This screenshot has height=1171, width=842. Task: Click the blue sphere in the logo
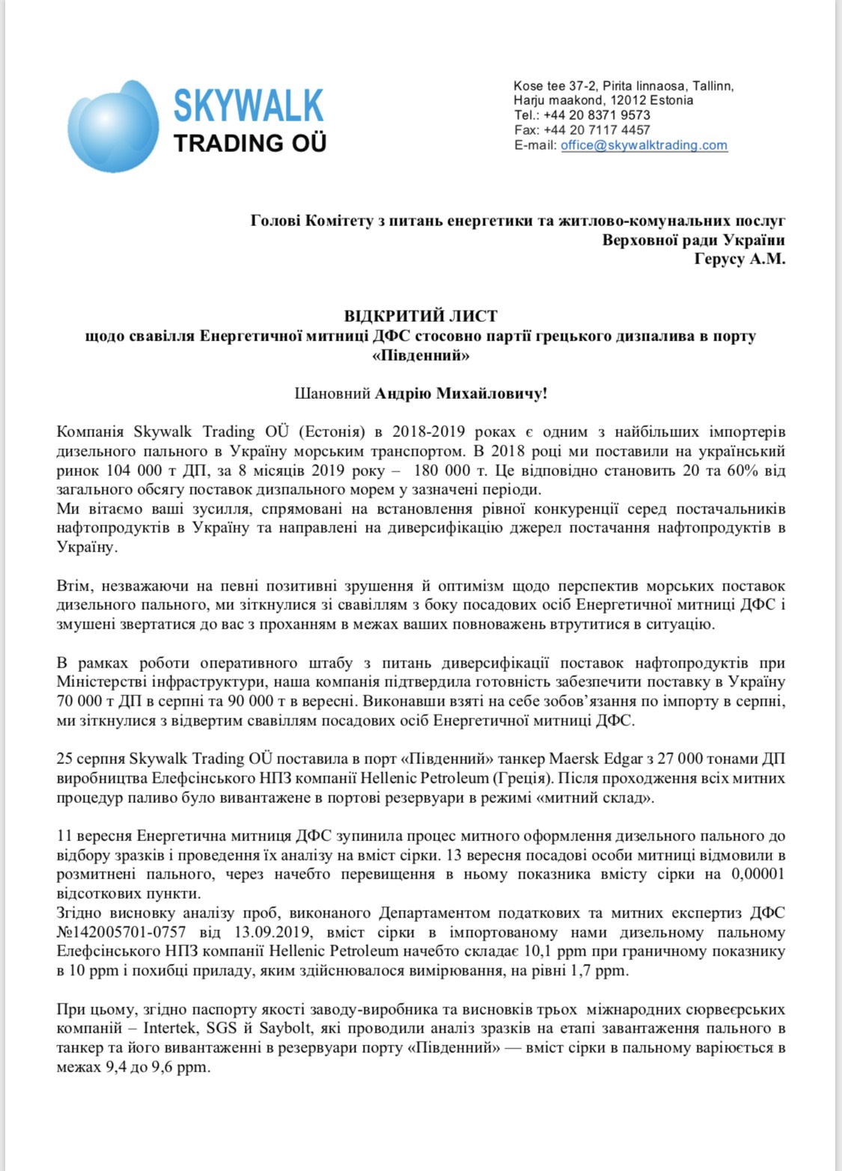click(x=113, y=126)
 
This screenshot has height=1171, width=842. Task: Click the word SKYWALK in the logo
click(x=248, y=106)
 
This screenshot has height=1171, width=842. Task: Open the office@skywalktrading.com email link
click(x=644, y=145)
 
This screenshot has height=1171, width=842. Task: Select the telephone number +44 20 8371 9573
click(x=597, y=115)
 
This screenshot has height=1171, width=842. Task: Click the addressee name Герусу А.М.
click(x=739, y=260)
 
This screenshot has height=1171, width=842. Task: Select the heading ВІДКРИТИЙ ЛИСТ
click(x=421, y=317)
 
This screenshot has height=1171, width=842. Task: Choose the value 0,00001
click(x=754, y=874)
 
